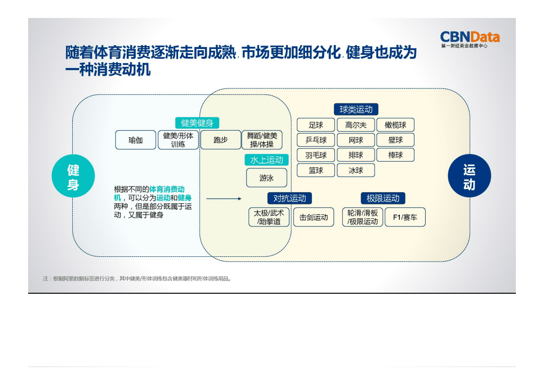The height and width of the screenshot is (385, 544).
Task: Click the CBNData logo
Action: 469,38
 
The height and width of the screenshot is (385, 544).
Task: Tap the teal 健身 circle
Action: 73,177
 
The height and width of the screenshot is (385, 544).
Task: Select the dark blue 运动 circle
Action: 469,177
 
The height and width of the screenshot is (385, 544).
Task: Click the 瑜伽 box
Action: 135,140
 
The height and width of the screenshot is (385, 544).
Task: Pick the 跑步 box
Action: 220,140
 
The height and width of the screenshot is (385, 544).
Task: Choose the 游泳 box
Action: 266,178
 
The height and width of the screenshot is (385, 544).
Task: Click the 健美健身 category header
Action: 197,123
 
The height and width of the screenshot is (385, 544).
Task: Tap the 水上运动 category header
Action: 266,160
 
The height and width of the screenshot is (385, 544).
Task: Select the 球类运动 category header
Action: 356,109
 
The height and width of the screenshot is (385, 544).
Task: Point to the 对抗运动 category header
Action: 290,198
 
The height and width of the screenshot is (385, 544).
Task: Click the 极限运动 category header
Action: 383,198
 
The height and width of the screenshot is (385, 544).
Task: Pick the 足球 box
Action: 316,125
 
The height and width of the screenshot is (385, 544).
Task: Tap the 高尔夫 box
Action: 356,125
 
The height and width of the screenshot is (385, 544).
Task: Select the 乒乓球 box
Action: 316,140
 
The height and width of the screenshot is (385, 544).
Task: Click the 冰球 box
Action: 356,170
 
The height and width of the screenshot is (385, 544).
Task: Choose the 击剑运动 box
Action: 313,218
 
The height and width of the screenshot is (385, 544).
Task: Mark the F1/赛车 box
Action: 405,218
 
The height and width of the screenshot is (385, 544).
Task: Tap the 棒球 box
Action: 396,155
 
